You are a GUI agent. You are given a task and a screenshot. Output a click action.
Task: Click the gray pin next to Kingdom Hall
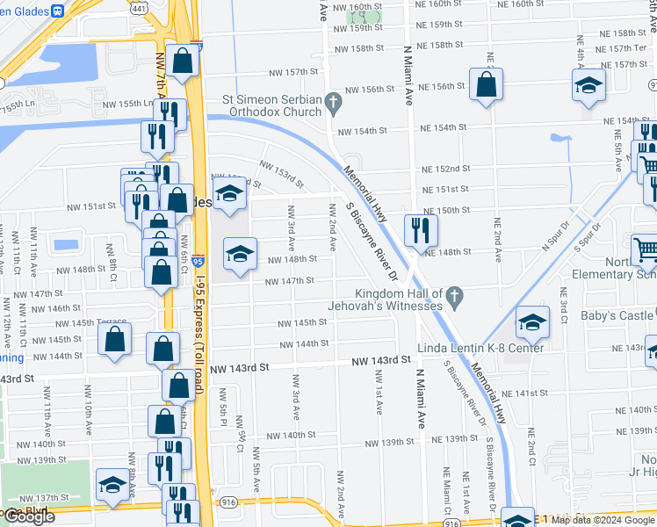(x=454, y=298)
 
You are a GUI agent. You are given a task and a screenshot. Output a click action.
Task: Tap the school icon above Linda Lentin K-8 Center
(x=532, y=322)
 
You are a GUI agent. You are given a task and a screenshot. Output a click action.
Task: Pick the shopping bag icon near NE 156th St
(x=486, y=84)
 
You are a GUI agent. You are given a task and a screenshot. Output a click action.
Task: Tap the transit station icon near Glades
(x=57, y=11)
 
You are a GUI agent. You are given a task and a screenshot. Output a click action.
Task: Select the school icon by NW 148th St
(x=240, y=255)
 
